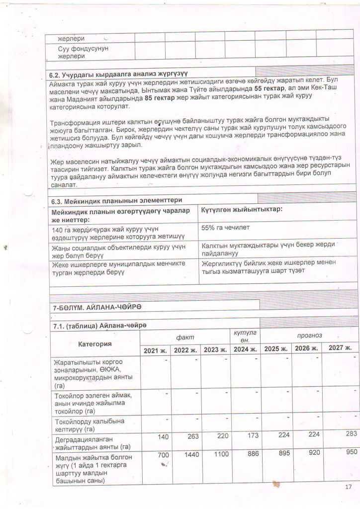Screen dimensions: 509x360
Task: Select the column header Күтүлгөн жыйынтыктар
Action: coord(242,210)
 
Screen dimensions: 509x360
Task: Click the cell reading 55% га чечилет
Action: coord(225,228)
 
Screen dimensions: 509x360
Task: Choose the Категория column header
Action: coord(95,343)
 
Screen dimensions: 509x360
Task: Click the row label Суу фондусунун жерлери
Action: coord(83,52)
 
